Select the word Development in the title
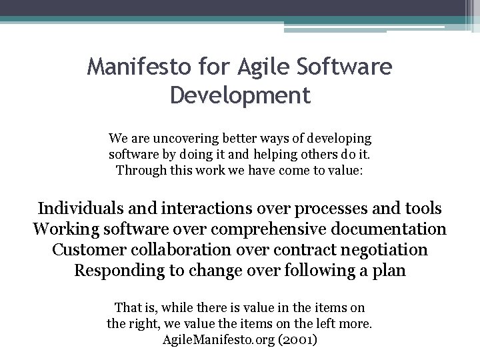coord(240,95)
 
